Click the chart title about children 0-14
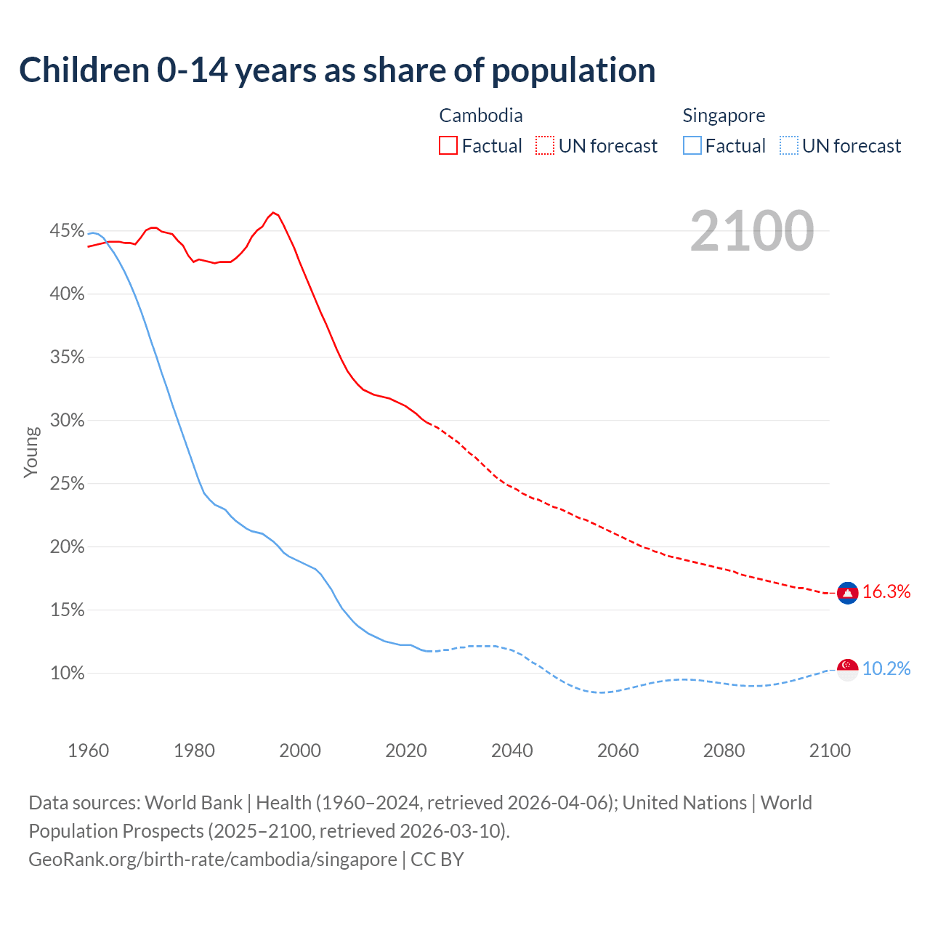coord(337,70)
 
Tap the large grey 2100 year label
coord(751,231)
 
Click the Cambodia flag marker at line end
coord(847,593)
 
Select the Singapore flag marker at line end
coord(847,669)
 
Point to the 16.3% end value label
coord(886,592)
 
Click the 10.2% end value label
coord(886,669)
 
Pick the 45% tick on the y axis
coord(67,231)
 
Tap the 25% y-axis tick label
coord(67,484)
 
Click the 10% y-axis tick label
coord(67,674)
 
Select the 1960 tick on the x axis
coord(88,751)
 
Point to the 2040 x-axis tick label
coord(511,751)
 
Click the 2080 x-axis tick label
coord(724,751)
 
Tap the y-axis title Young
coord(31,452)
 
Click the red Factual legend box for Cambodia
coord(448,146)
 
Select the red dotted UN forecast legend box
coord(545,146)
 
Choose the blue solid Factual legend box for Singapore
coord(692,146)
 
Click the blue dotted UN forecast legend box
coord(789,146)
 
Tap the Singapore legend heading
coord(724,116)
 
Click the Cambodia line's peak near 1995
coord(273,213)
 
